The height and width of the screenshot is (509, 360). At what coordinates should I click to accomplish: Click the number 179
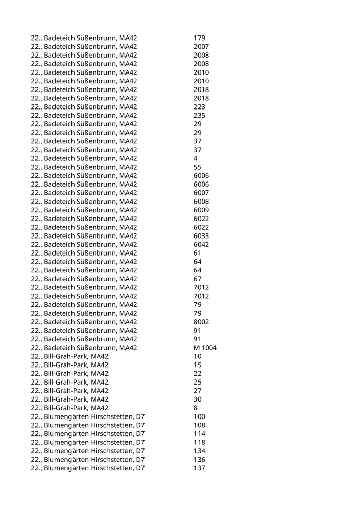(x=200, y=38)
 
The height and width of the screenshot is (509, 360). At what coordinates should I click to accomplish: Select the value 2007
(x=201, y=47)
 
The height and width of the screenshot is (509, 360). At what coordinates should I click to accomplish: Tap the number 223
(x=200, y=107)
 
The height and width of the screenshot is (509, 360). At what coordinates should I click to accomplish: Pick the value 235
(x=200, y=116)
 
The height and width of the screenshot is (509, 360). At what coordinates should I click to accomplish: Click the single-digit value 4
(x=196, y=158)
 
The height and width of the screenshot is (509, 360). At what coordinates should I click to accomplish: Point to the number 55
(x=197, y=167)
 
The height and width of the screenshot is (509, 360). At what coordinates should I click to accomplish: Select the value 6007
(x=201, y=193)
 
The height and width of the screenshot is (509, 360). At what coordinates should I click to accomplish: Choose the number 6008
(x=201, y=202)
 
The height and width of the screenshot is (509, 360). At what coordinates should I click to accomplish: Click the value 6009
(x=201, y=210)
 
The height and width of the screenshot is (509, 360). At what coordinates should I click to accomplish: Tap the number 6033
(x=201, y=236)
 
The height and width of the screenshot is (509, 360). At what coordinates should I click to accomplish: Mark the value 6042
(x=201, y=244)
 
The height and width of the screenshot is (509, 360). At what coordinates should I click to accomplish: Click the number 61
(x=197, y=253)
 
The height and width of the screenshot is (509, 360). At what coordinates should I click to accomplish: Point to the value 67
(x=197, y=279)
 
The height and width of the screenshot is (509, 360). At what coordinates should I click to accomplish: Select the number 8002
(x=201, y=322)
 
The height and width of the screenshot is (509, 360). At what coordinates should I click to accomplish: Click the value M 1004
(x=205, y=348)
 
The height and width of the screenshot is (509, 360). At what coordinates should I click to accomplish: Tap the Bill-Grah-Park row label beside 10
(x=69, y=356)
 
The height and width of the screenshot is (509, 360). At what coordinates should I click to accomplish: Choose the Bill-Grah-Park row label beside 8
(x=69, y=408)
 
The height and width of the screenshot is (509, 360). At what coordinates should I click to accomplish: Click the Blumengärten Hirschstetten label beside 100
(x=87, y=416)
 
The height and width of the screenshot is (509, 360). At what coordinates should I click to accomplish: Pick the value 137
(x=200, y=468)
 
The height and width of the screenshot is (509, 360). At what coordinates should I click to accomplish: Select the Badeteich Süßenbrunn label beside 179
(x=84, y=38)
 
